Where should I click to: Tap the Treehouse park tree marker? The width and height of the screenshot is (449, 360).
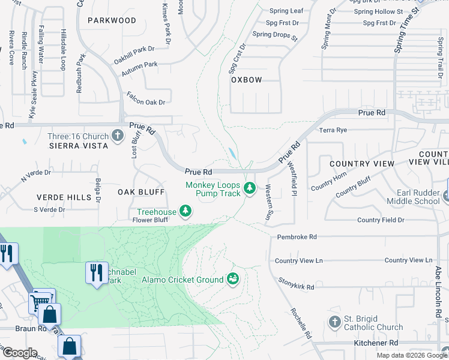coord(186,211)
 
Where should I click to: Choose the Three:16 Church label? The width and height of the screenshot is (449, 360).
coord(78,136)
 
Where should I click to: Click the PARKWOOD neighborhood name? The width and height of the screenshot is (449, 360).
coord(112,20)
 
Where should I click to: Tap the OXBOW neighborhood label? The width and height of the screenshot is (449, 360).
coord(247,79)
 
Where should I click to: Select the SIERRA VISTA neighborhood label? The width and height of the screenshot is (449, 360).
coord(79,146)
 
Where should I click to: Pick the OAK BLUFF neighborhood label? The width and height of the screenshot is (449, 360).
coord(140,192)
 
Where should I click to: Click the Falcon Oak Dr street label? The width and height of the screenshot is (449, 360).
coord(146,102)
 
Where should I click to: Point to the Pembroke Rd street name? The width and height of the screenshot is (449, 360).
coord(297,237)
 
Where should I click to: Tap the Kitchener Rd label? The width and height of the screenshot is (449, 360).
coord(376,343)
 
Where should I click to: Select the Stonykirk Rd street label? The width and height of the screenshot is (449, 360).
coord(297,283)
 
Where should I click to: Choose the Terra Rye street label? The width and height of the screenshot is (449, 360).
coord(333,130)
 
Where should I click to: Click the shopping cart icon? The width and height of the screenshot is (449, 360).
coord(41,302)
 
